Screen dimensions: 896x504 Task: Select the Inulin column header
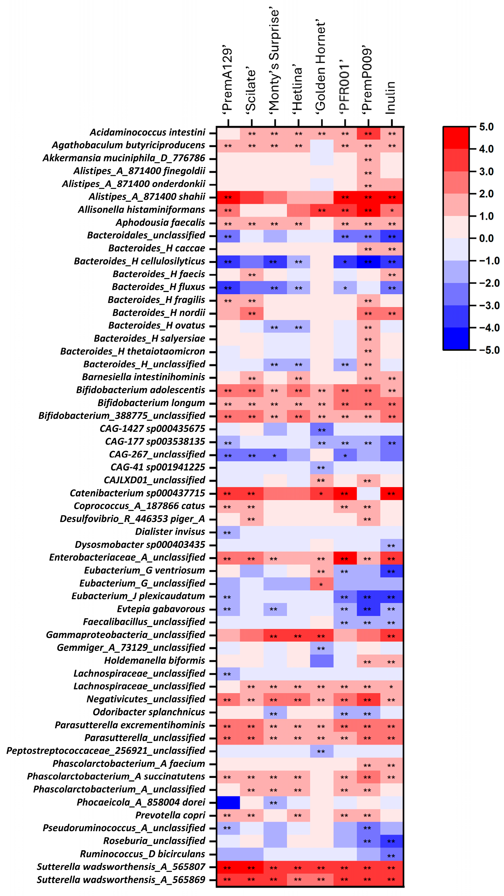click(x=391, y=97)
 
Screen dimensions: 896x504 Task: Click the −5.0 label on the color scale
click(x=488, y=350)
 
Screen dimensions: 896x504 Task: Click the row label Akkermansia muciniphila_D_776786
click(x=124, y=158)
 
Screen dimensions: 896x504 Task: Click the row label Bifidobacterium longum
click(x=151, y=403)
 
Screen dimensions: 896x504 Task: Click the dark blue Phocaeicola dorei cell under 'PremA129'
click(x=228, y=802)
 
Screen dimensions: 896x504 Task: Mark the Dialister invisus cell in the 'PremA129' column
click(x=228, y=532)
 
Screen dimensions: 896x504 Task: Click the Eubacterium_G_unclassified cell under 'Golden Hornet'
click(x=321, y=584)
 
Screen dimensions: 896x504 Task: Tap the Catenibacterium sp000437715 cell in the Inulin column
click(x=392, y=493)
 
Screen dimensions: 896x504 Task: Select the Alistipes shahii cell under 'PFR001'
click(x=345, y=197)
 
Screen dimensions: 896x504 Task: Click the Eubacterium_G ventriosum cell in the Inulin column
click(x=392, y=571)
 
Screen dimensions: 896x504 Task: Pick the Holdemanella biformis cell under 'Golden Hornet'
click(x=321, y=661)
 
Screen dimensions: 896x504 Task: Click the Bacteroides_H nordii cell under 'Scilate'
click(x=251, y=313)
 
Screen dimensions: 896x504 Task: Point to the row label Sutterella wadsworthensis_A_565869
click(x=121, y=880)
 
